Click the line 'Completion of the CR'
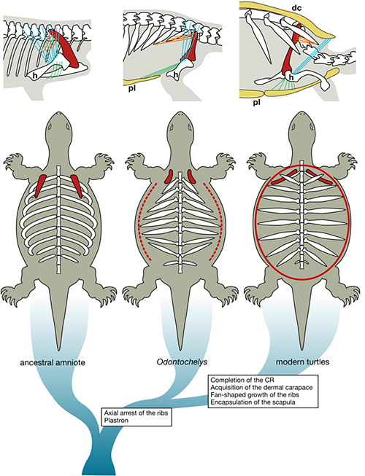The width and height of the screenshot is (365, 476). point(244,380)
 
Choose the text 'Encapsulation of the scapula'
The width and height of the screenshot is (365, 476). point(255,406)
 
